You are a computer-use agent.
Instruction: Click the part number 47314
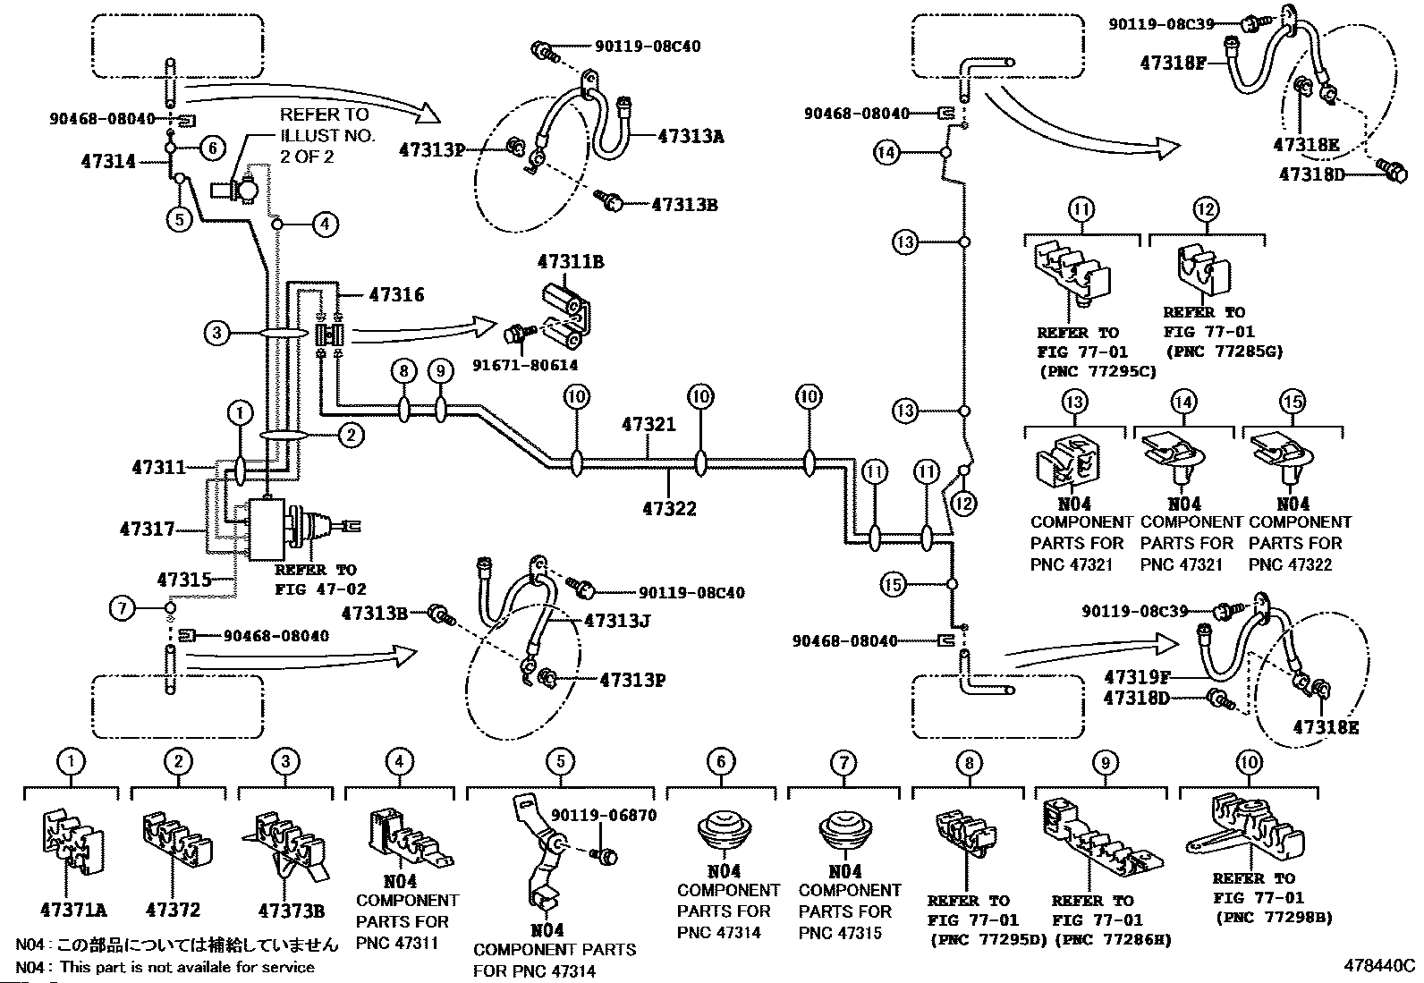pyautogui.click(x=108, y=162)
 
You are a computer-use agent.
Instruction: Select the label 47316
pyautogui.click(x=396, y=295)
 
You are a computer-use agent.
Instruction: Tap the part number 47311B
pyautogui.click(x=571, y=262)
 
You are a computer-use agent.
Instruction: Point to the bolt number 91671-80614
pyautogui.click(x=526, y=365)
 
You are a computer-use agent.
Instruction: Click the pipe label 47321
pyautogui.click(x=648, y=425)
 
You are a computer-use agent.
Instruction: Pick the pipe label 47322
pyautogui.click(x=669, y=509)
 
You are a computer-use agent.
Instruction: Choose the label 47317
pyautogui.click(x=147, y=530)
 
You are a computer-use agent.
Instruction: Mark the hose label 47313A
pyautogui.click(x=691, y=136)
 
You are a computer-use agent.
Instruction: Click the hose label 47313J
pyautogui.click(x=617, y=620)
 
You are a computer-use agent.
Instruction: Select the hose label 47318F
pyautogui.click(x=1173, y=63)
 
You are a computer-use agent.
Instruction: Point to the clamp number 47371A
pyautogui.click(x=73, y=911)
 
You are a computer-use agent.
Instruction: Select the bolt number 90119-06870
pyautogui.click(x=604, y=816)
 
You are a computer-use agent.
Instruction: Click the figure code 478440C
pyautogui.click(x=1378, y=966)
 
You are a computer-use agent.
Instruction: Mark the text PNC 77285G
pyautogui.click(x=1223, y=352)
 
